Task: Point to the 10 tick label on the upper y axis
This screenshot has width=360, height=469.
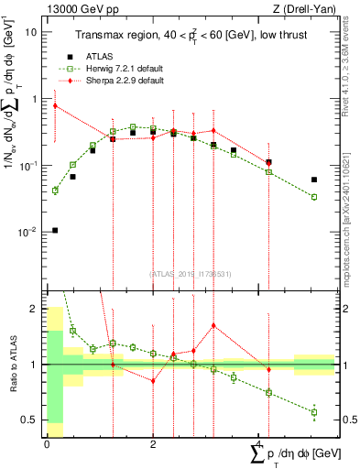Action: [x=29, y=31]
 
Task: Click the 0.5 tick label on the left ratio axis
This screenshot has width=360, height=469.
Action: [x=29, y=420]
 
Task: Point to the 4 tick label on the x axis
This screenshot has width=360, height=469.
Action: [x=259, y=443]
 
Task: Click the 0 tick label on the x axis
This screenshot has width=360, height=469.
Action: [x=47, y=443]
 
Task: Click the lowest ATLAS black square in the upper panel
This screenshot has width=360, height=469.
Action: [x=55, y=230]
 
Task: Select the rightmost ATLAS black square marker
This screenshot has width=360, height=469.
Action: [x=314, y=180]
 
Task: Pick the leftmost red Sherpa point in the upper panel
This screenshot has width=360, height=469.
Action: [x=55, y=105]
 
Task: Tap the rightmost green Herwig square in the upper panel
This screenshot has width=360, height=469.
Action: [x=314, y=197]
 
